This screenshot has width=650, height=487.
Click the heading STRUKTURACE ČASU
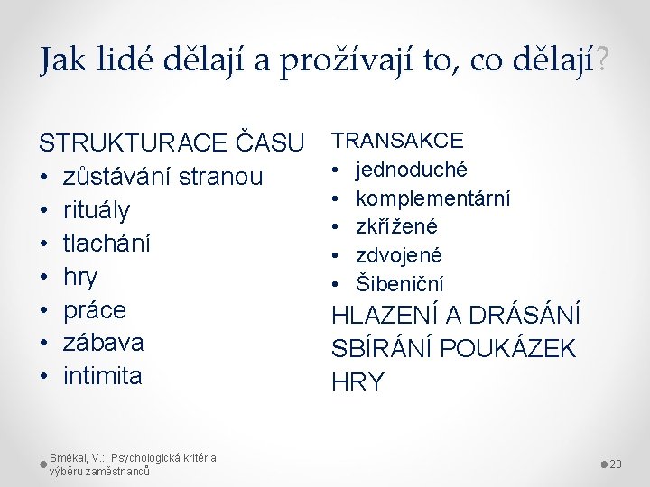[x=172, y=142]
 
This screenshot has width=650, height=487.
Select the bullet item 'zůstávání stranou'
[x=162, y=177]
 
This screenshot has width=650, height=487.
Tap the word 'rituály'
[x=97, y=210]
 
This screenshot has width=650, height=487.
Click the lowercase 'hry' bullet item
[x=80, y=277]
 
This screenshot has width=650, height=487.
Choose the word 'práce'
[x=95, y=310]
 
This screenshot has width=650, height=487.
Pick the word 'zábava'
[x=103, y=343]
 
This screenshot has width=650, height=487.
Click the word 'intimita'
[x=102, y=376]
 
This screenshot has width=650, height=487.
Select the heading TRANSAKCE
[x=397, y=140]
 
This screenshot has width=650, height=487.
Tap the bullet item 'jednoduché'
[x=411, y=169]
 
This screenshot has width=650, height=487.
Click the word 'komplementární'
[x=433, y=198]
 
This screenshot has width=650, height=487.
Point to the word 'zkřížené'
[x=397, y=226]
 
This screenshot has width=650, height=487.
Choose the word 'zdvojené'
[x=399, y=255]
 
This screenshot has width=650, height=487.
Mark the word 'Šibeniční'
[x=400, y=283]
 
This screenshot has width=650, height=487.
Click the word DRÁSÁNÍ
[x=525, y=317]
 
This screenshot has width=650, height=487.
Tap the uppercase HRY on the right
[x=357, y=381]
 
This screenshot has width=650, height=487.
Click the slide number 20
[x=617, y=464]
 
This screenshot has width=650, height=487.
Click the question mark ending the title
[x=602, y=61]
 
